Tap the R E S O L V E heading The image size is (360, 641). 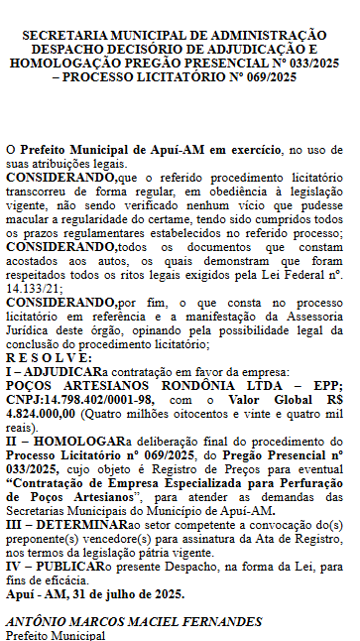49,357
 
